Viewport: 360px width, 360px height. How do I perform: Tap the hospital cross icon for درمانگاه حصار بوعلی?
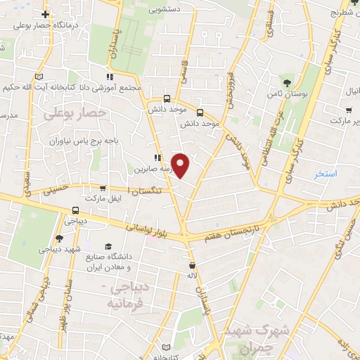tap(45, 14)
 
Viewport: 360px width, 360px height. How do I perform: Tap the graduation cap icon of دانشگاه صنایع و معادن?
tap(108, 245)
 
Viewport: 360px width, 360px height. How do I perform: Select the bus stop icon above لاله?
tap(191, 266)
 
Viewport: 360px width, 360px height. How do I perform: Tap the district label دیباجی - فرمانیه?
tap(130, 296)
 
